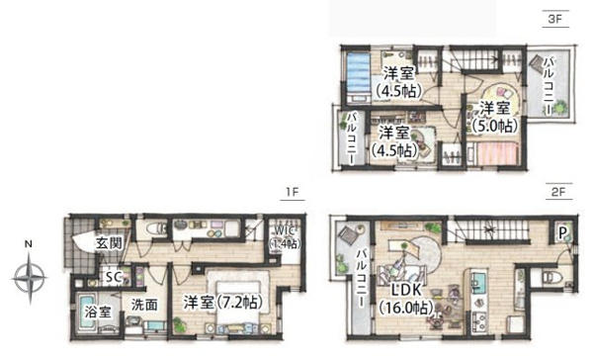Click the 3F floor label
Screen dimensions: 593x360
[554, 19]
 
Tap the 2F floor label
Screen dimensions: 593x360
[558, 192]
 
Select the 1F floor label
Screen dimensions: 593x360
[292, 192]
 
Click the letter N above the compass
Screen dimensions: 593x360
[29, 244]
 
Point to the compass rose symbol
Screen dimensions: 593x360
[30, 278]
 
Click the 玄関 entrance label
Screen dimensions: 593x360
[109, 243]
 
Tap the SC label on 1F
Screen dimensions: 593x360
[114, 277]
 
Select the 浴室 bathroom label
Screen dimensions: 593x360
[98, 312]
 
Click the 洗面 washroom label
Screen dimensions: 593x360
[144, 305]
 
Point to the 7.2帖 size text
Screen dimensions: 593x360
[239, 303]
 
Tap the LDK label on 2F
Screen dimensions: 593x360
[405, 291]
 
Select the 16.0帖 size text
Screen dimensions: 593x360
[406, 308]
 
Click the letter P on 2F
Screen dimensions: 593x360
[562, 233]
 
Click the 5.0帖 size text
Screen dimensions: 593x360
[495, 126]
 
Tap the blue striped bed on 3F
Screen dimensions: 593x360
[358, 78]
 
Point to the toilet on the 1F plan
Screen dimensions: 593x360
[156, 228]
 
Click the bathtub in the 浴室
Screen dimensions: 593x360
[90, 312]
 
